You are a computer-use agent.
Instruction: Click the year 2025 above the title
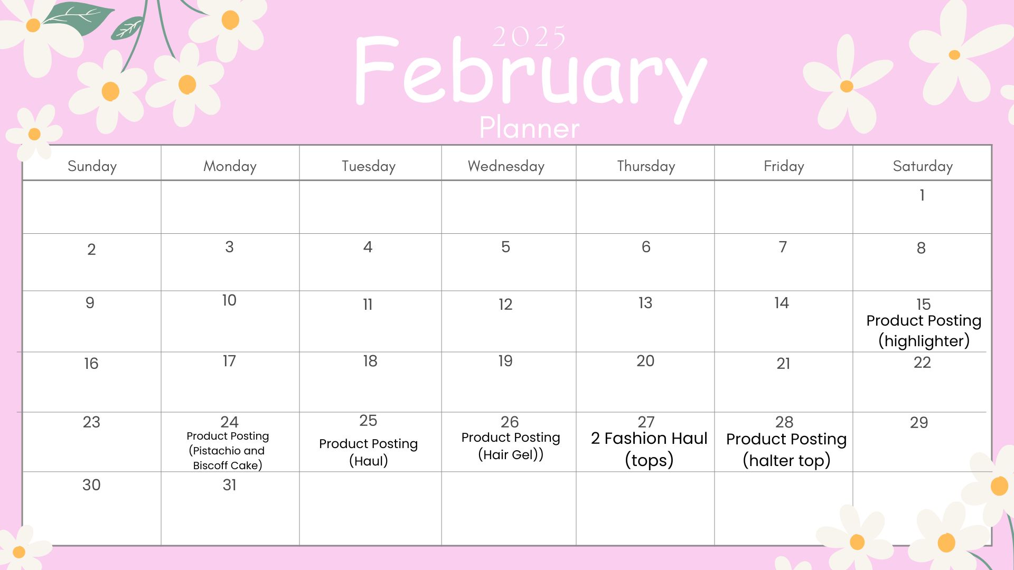(529, 37)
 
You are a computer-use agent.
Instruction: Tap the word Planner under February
(529, 128)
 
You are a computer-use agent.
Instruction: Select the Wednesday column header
(506, 166)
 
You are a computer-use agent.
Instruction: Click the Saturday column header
(923, 166)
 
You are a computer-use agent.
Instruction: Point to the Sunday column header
(92, 166)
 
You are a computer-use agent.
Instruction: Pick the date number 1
(922, 195)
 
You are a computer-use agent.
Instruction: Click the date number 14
(782, 303)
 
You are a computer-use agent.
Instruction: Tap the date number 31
(229, 485)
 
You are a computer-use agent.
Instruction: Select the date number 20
(645, 361)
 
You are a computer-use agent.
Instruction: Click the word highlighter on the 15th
(924, 341)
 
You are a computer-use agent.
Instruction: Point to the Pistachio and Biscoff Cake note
(228, 458)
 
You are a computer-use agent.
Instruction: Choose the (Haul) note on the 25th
(369, 461)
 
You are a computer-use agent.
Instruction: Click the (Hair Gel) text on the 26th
(511, 454)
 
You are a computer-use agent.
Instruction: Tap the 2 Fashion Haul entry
(649, 439)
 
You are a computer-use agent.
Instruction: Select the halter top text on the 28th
(787, 461)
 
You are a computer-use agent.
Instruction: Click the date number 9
(90, 303)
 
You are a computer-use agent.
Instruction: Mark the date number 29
(919, 423)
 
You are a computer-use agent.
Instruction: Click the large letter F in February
(376, 70)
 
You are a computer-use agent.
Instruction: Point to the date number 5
(505, 247)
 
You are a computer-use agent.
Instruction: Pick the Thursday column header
(646, 166)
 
